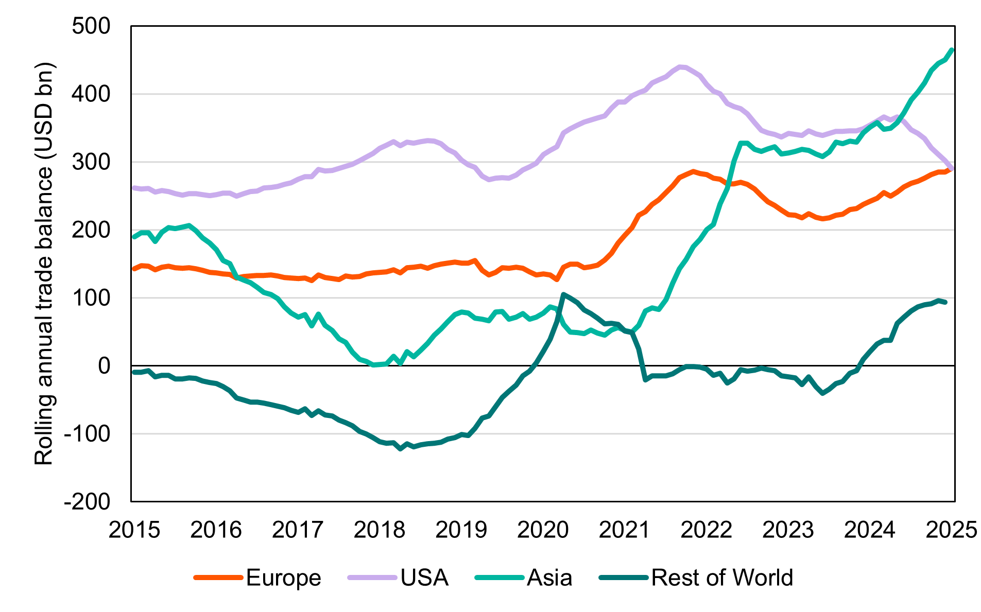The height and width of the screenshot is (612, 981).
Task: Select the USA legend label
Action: [424, 578]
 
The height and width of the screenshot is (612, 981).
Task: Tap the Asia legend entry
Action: [549, 578]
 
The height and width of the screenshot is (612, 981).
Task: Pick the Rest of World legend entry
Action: [721, 578]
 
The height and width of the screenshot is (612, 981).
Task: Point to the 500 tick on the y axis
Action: [91, 26]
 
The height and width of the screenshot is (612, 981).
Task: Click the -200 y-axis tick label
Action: [87, 501]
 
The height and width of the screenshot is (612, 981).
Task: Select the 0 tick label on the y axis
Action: [104, 366]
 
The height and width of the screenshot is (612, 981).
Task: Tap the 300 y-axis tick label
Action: [91, 162]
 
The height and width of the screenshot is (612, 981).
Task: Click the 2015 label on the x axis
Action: [134, 530]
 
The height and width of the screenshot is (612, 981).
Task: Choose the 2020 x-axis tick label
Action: [543, 530]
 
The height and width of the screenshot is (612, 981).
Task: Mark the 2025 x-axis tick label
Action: [951, 530]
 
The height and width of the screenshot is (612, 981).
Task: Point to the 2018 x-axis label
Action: [380, 530]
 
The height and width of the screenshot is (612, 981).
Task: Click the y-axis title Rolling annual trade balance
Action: [44, 264]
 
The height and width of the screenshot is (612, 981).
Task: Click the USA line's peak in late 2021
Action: [680, 66]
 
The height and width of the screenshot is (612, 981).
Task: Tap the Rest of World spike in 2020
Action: [563, 294]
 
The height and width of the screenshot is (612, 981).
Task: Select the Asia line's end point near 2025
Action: [952, 50]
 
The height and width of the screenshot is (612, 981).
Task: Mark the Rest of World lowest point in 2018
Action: [401, 449]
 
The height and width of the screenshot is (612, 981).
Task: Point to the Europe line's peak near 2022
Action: [693, 171]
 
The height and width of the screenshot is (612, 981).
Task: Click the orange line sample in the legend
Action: [218, 578]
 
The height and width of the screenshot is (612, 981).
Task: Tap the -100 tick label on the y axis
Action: [87, 434]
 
